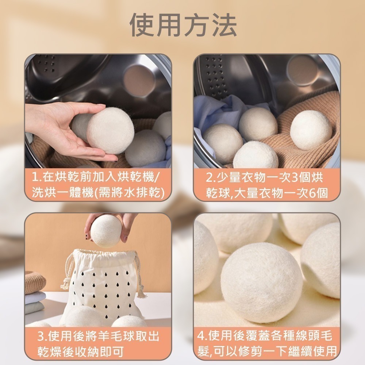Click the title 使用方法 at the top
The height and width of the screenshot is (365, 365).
[184, 25]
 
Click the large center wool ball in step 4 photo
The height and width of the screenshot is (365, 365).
[261, 283]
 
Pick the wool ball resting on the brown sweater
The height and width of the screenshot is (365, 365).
[311, 130]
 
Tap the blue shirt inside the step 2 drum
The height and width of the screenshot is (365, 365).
[215, 109]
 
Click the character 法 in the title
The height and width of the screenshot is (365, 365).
[223, 25]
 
